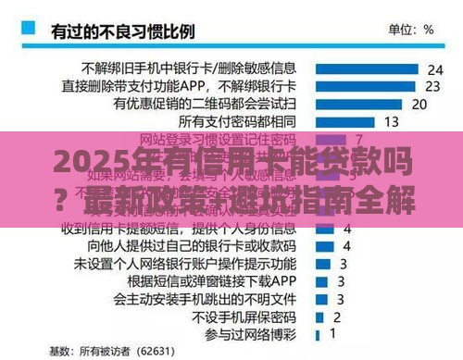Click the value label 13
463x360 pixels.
391,121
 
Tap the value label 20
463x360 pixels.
419,104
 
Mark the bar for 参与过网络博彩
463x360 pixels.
318,330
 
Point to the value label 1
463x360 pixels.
332,330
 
